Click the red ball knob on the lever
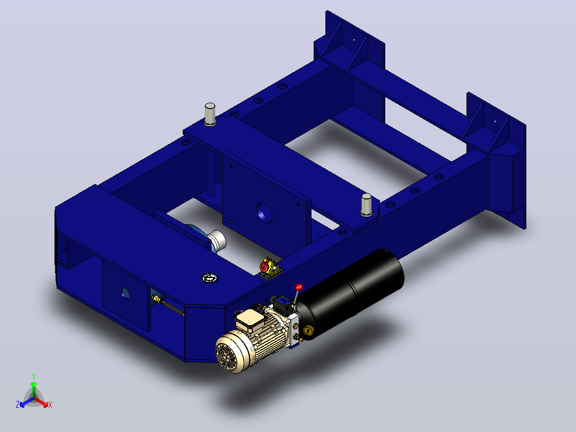tap(299, 287)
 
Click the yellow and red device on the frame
tap(269, 268)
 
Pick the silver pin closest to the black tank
tap(367, 205)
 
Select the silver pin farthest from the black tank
tap(210, 114)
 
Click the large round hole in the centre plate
tap(265, 212)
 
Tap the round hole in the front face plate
tap(125, 293)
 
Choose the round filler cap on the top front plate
tap(209, 278)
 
